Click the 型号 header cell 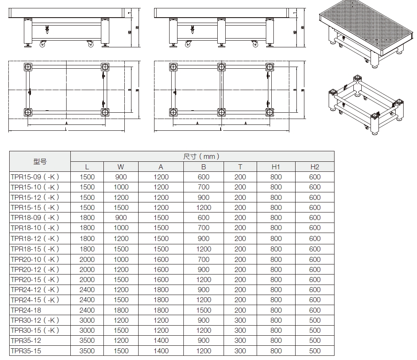pos(40,161)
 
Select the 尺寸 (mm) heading pos(202,156)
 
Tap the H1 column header pos(275,167)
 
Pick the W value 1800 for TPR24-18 pos(121,310)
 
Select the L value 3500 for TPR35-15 pos(87,351)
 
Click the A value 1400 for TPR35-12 pos(161,341)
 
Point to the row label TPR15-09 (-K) pos(35,177)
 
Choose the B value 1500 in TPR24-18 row pos(203,310)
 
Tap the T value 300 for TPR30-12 pos(240,320)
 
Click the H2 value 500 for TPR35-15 pos(314,351)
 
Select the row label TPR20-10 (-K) pos(35,259)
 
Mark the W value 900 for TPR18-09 pos(121,218)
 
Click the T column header pos(240,167)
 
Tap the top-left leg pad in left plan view pos(28,67)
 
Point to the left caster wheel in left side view pos(42,43)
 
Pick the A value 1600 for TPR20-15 pos(161,280)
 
